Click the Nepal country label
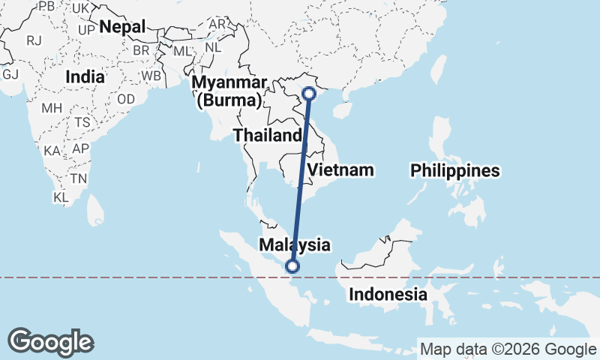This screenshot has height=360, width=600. [x=122, y=26]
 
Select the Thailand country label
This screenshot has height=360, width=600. [x=267, y=136]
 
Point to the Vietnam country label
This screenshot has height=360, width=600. [x=340, y=169]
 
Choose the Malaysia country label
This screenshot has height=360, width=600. [x=294, y=244]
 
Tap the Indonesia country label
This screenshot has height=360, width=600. [x=388, y=295]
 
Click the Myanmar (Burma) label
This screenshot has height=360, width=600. [x=229, y=91]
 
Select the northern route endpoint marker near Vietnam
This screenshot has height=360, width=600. [x=308, y=94]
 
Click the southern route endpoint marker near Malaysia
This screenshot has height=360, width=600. [x=292, y=265]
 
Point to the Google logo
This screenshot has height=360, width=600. [x=50, y=342]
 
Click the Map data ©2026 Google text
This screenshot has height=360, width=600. [x=508, y=349]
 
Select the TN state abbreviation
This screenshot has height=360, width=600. [x=78, y=178]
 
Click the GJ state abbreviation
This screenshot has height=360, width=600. [x=10, y=74]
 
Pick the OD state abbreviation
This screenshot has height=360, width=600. [x=126, y=99]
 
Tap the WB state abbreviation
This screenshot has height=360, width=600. [x=151, y=76]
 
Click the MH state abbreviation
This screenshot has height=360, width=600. [x=52, y=108]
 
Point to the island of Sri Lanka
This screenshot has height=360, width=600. [x=94, y=208]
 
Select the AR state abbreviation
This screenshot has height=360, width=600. [x=217, y=23]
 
